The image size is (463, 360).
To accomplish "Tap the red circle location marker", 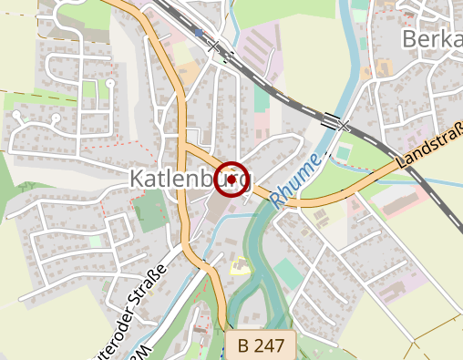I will click(x=232, y=180).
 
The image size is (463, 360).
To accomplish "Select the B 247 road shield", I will click(x=261, y=345).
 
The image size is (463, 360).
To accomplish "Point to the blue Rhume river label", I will click(x=296, y=180).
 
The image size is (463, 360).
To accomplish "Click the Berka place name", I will click(x=431, y=38).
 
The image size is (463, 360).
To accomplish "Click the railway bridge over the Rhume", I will click(x=334, y=120).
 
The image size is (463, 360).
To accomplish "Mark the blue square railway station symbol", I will click(x=199, y=33).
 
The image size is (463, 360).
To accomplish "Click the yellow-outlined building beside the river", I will click(x=240, y=266).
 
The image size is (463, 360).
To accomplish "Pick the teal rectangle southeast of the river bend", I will click(x=287, y=273).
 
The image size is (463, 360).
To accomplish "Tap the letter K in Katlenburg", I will click(x=138, y=179).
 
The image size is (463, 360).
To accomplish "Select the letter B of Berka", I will click(x=409, y=38).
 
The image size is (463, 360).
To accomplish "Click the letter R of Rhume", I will click(x=278, y=203).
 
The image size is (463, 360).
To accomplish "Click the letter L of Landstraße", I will click(x=402, y=165).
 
